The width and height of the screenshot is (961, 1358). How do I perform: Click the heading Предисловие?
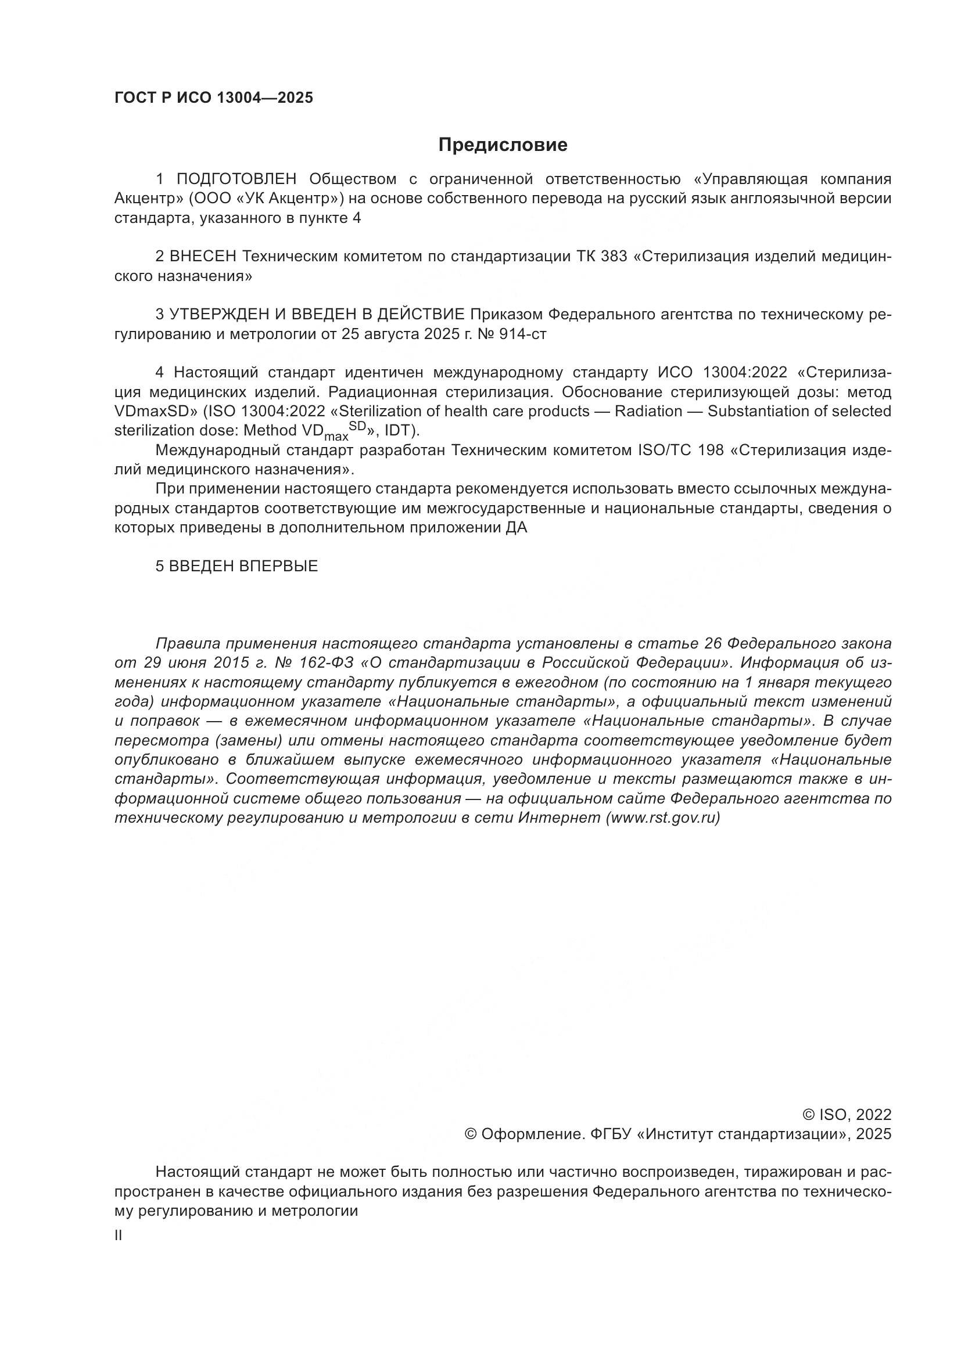(x=503, y=145)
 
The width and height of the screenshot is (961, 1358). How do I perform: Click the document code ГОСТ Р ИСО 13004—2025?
(x=214, y=98)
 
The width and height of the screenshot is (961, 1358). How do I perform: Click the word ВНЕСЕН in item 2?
(x=202, y=257)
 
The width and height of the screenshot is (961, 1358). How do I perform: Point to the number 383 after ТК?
(x=614, y=257)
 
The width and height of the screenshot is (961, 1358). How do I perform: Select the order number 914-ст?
(x=523, y=334)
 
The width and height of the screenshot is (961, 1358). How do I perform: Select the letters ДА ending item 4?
(x=516, y=528)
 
